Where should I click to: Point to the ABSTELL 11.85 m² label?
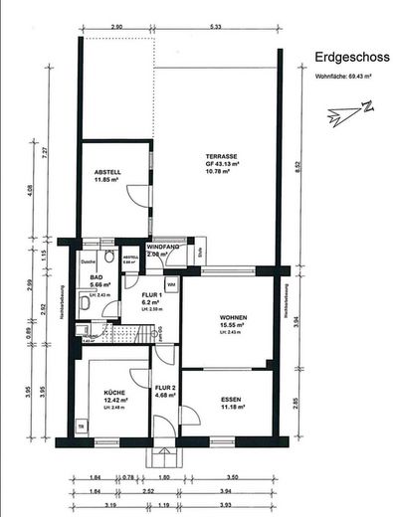[107, 176]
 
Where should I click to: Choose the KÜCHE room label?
[113, 396]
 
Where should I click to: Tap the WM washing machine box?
[171, 285]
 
